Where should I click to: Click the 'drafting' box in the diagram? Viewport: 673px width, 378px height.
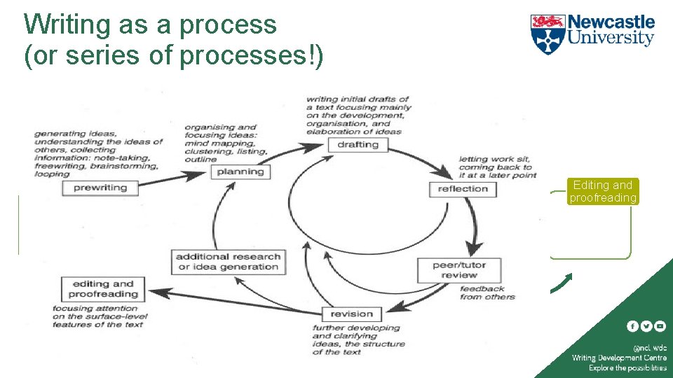358,145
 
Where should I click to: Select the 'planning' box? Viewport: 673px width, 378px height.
240,171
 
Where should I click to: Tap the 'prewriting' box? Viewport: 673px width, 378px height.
100,188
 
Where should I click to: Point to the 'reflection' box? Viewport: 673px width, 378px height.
463,189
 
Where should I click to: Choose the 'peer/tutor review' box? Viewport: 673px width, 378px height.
459,270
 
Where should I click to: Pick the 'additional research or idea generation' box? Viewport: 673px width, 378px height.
229,262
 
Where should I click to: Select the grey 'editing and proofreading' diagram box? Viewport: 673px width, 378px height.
102,289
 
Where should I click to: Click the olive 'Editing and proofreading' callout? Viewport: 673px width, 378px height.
603,192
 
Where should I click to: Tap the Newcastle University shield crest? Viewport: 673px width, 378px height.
547,34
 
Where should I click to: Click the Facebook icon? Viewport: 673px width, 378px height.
632,326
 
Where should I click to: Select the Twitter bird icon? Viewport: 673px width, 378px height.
646,326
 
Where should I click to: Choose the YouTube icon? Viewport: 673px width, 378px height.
660,326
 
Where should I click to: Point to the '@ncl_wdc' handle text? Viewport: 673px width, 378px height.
650,347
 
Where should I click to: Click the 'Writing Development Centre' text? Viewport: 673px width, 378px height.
619,358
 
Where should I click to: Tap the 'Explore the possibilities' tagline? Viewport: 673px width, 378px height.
627,367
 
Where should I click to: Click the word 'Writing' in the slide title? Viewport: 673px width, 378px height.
67,25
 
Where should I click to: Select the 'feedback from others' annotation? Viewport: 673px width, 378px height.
487,293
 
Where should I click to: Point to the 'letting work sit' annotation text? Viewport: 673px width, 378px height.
497,167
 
